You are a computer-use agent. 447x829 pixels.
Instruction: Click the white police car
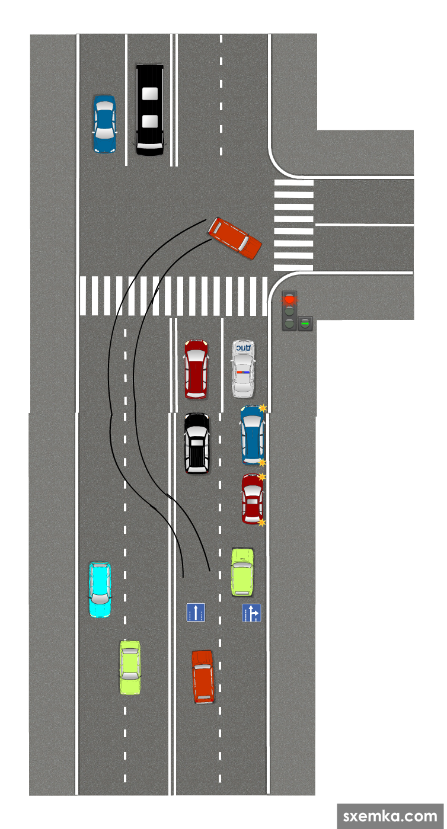(243, 368)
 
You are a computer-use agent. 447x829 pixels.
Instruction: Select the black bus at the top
(149, 110)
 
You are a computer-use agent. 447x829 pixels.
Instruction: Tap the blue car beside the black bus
(104, 124)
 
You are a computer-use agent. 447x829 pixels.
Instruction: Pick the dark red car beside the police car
(196, 368)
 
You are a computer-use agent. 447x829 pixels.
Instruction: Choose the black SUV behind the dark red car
(197, 443)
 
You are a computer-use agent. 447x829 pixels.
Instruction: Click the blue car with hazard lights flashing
(253, 435)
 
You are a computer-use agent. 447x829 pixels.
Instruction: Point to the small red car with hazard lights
(253, 499)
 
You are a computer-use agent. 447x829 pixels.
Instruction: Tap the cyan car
(100, 589)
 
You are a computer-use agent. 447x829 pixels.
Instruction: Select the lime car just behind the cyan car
(130, 667)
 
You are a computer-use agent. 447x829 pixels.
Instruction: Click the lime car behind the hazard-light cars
(242, 571)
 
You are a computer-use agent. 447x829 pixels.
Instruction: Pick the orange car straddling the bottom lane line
(203, 676)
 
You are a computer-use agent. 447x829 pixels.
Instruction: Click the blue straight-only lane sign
(196, 613)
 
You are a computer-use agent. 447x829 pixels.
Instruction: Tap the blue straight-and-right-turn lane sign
(251, 613)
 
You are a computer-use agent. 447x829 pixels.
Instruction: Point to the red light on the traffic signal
(289, 299)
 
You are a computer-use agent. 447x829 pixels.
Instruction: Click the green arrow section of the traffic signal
(305, 324)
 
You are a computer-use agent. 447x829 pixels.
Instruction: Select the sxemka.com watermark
(389, 816)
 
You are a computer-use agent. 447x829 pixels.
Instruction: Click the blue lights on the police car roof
(243, 372)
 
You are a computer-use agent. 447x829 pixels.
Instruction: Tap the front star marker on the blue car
(262, 408)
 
